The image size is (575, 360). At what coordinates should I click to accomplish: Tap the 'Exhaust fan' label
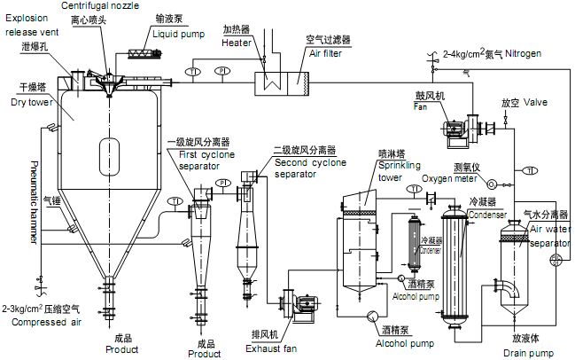tap(271, 348)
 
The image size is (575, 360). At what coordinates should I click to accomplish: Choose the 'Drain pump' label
tap(528, 351)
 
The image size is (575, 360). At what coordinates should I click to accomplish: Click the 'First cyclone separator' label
tap(202, 160)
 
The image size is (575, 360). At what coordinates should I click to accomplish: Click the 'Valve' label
tap(535, 102)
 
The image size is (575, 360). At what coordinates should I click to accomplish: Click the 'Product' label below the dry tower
tap(121, 348)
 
